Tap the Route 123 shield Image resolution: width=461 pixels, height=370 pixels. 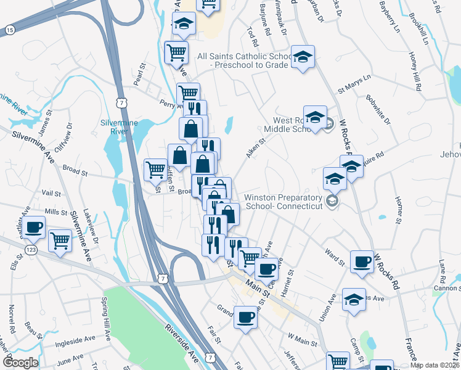[30, 249]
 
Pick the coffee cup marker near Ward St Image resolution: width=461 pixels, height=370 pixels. [362, 261]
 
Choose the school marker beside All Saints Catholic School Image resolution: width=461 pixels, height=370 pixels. [303, 57]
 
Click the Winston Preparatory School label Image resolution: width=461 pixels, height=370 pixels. [284, 202]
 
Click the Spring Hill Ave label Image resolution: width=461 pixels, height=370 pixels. [106, 319]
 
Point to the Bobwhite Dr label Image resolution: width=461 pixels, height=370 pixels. [377, 109]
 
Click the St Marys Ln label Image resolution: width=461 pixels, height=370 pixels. [354, 84]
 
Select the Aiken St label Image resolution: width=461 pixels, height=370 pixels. [255, 148]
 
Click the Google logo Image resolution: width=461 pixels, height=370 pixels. [20, 362]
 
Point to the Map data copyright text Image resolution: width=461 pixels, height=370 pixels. [435, 365]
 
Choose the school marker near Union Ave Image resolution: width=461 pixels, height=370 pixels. [354, 300]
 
